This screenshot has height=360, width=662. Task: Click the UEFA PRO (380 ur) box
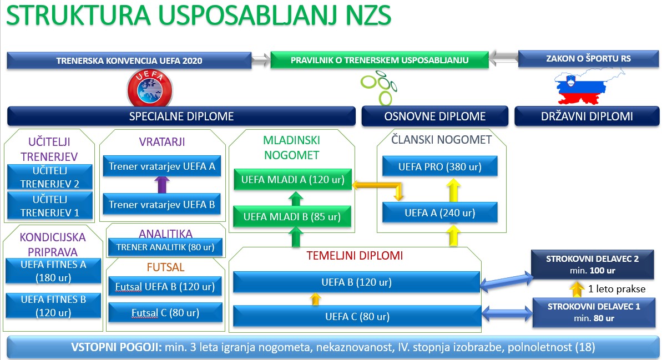[x=440, y=167]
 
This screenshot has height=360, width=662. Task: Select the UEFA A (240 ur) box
[x=440, y=212]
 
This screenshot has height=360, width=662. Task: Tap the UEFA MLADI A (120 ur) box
[x=292, y=179]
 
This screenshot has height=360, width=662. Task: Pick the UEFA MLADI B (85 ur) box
[x=292, y=216]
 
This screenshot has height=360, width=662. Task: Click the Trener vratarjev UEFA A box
[x=162, y=166]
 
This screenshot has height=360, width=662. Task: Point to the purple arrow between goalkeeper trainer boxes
[x=162, y=185]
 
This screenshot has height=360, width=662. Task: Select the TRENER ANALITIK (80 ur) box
[x=165, y=247]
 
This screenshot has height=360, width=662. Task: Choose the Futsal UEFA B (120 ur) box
[x=165, y=287]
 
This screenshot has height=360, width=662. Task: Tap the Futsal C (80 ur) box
[x=165, y=313]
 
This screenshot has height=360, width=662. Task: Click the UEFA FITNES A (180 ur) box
[x=53, y=271]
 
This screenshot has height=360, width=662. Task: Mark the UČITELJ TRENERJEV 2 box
[x=50, y=178]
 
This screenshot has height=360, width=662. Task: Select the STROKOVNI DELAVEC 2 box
[x=592, y=265]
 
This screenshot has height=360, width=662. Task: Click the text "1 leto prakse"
[x=616, y=289]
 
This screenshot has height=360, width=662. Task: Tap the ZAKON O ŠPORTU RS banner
[x=588, y=59]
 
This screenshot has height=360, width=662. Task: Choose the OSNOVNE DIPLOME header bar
[x=435, y=116]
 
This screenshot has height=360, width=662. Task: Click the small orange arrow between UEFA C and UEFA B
[x=315, y=299]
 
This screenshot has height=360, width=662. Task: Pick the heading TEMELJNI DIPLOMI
[x=355, y=256]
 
